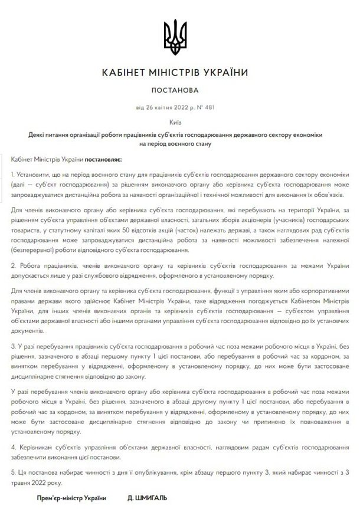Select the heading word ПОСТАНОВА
click(x=179, y=91)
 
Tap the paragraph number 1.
click(x=13, y=176)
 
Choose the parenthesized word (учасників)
click(x=271, y=222)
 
